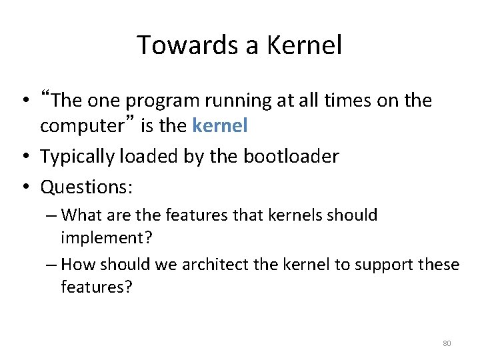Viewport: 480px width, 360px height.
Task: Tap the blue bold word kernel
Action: (223, 125)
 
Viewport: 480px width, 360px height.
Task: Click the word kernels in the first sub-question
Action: (292, 216)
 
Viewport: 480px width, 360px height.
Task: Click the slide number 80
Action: (447, 343)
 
